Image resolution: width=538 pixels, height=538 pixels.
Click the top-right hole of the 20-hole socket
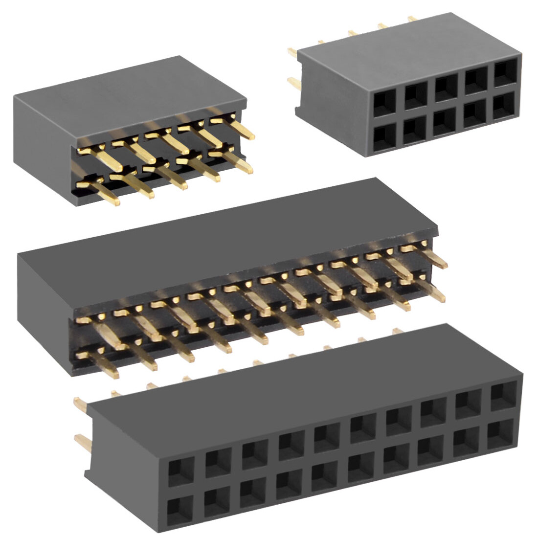click(x=504, y=395)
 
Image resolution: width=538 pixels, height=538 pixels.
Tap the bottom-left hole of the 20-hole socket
click(x=179, y=510)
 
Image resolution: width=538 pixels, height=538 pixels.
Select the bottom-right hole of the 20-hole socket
click(x=500, y=433)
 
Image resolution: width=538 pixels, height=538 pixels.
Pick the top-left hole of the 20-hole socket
click(x=180, y=472)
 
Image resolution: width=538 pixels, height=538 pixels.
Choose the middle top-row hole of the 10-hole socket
click(x=445, y=87)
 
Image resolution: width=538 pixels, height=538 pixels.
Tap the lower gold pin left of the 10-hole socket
click(x=294, y=84)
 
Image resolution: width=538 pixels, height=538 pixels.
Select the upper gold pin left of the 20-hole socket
click(x=79, y=404)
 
